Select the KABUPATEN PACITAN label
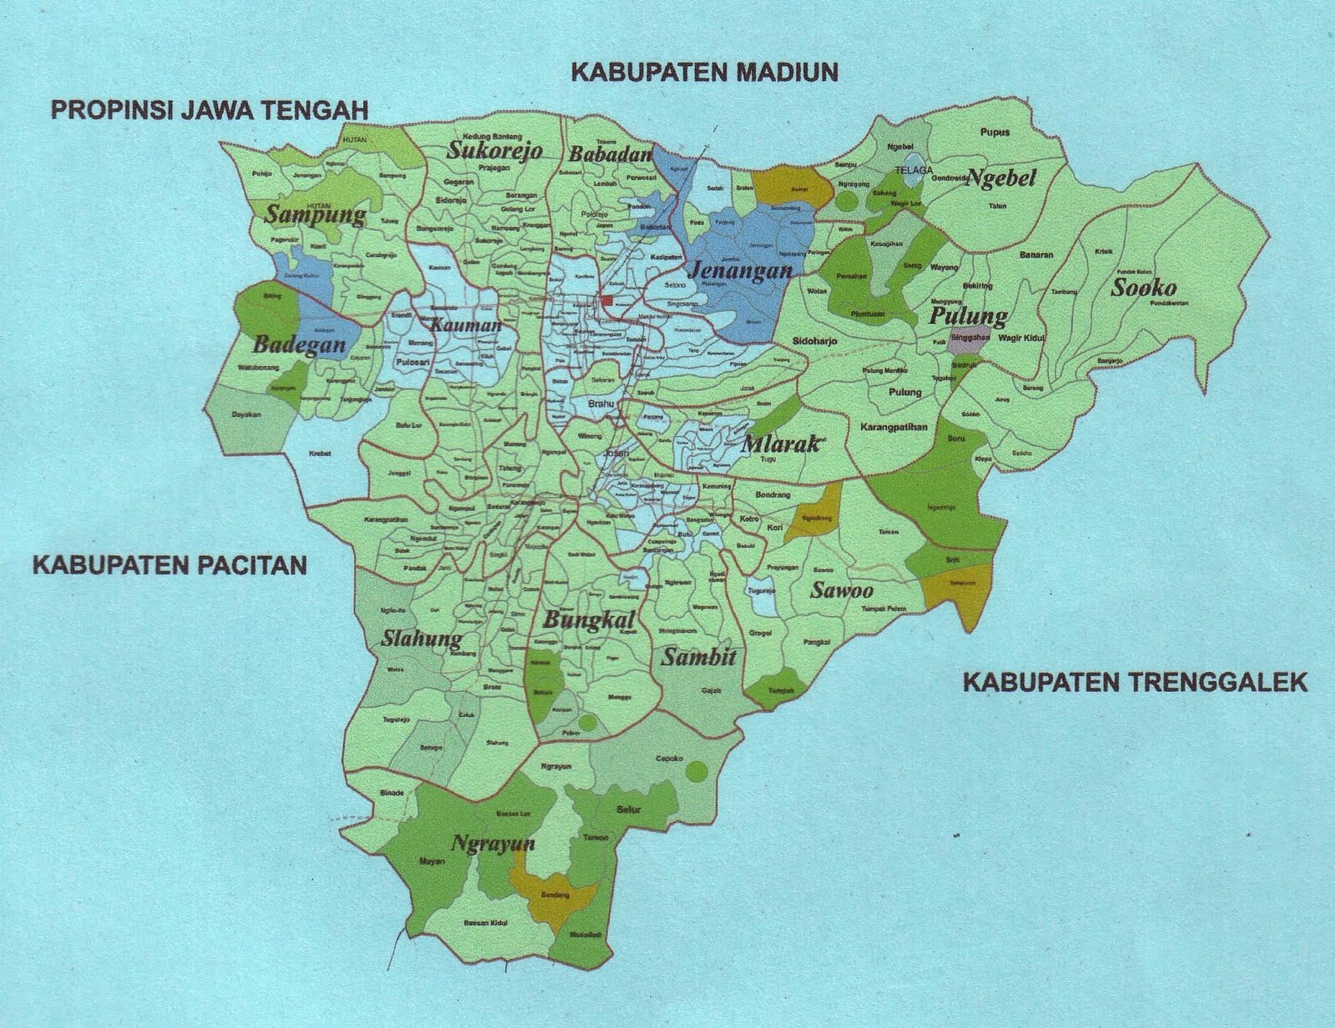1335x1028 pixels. click(x=169, y=565)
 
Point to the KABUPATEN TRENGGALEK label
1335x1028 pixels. click(x=1136, y=683)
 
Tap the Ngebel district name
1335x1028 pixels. click(x=1000, y=178)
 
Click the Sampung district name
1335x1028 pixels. click(x=315, y=215)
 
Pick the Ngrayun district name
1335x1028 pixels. click(x=492, y=843)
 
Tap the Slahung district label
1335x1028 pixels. click(x=421, y=639)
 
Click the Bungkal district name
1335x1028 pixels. click(x=589, y=619)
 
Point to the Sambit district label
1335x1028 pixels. click(x=698, y=657)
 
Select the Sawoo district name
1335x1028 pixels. click(x=842, y=591)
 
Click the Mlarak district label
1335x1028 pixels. click(x=780, y=444)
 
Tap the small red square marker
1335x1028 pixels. click(x=607, y=300)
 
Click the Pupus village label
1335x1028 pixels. click(x=995, y=132)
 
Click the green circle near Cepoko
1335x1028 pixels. click(x=693, y=772)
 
